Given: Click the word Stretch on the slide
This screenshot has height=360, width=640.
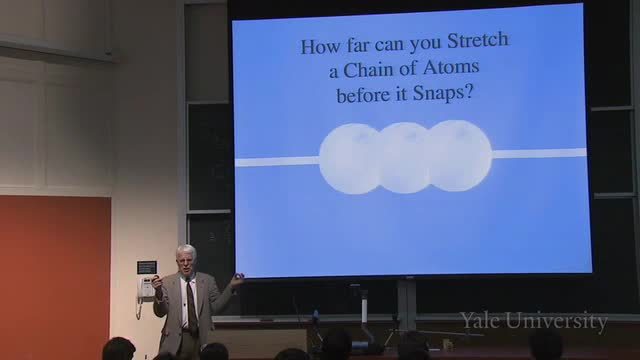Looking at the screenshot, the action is point(478,40).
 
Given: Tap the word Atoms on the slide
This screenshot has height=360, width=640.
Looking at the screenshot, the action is point(451,67).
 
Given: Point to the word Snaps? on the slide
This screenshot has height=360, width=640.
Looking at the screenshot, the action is point(442,93).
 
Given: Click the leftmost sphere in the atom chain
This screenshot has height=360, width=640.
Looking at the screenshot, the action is point(350,159).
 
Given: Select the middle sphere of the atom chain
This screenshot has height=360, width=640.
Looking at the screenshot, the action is point(404,158).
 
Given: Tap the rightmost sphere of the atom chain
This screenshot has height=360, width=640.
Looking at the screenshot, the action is point(459,156).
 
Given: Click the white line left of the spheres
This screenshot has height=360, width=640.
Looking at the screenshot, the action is point(277,162).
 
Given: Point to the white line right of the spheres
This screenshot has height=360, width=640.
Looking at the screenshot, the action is point(539,153).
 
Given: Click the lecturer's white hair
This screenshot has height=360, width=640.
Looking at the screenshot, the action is point(186,250).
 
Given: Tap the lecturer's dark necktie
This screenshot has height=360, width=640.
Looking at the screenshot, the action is point(191,304).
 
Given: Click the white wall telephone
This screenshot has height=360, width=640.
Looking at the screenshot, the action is point(147,288).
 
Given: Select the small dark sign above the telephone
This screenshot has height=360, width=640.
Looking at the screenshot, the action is point(147,267).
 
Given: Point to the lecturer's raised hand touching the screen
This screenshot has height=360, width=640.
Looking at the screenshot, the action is point(237,280).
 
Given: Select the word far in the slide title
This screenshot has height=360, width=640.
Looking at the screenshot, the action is point(358,44).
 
